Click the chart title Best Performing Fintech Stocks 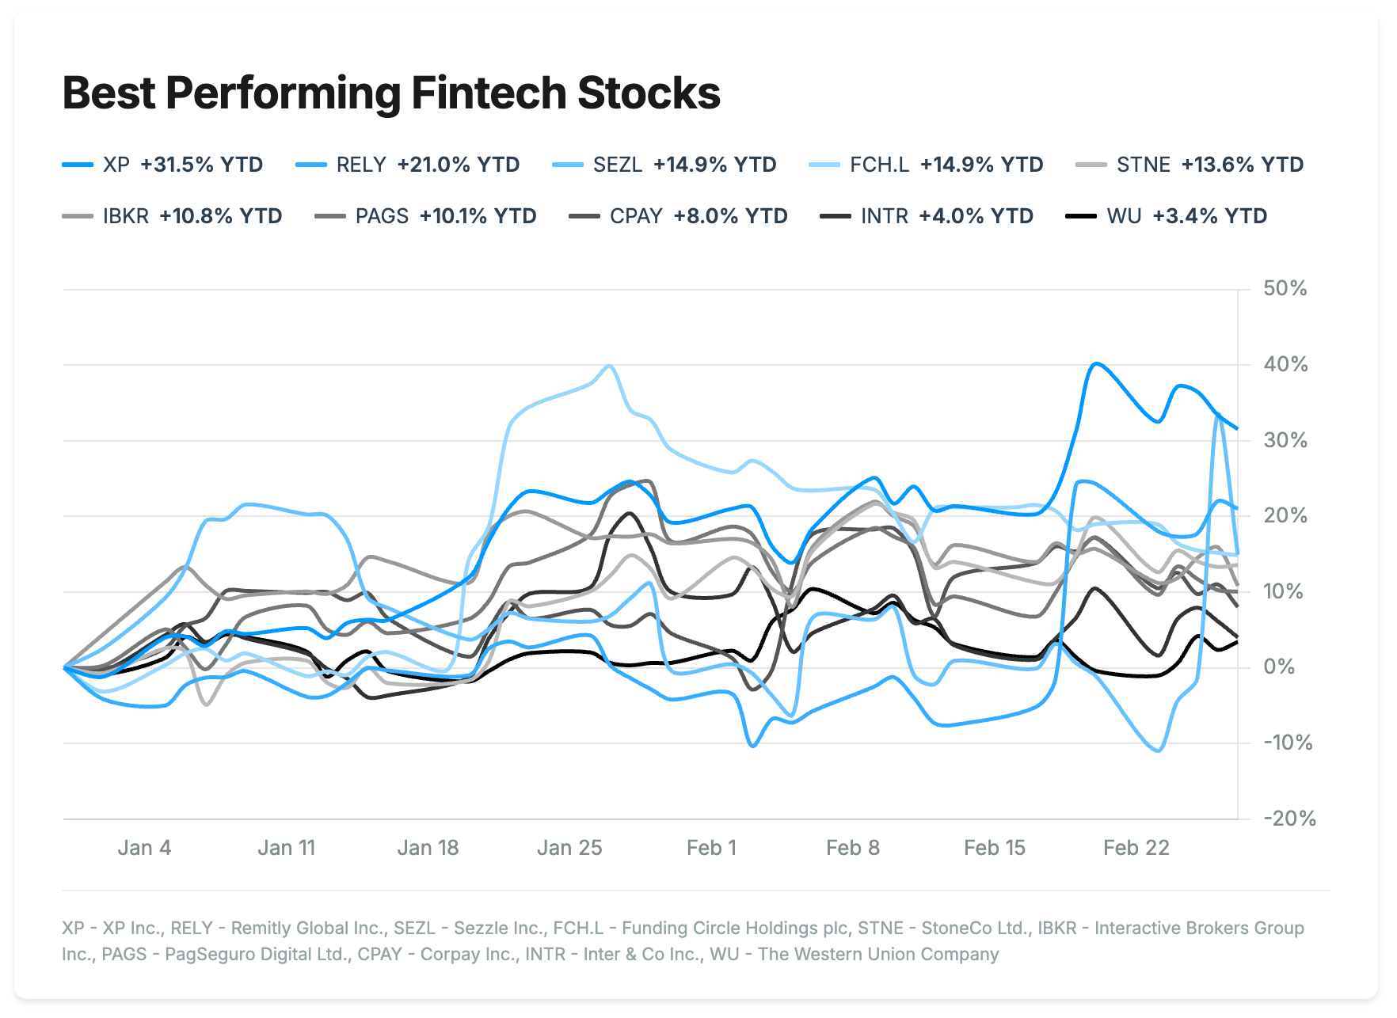[x=391, y=93]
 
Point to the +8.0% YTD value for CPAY [x=730, y=216]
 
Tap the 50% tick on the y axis [x=1285, y=289]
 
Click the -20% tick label [x=1289, y=819]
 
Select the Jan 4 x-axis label [x=144, y=848]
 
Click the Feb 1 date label [x=711, y=848]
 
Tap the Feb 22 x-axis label [x=1136, y=848]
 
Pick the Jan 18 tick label [x=428, y=848]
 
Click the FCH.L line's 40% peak [x=608, y=366]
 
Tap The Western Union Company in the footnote [x=878, y=954]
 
